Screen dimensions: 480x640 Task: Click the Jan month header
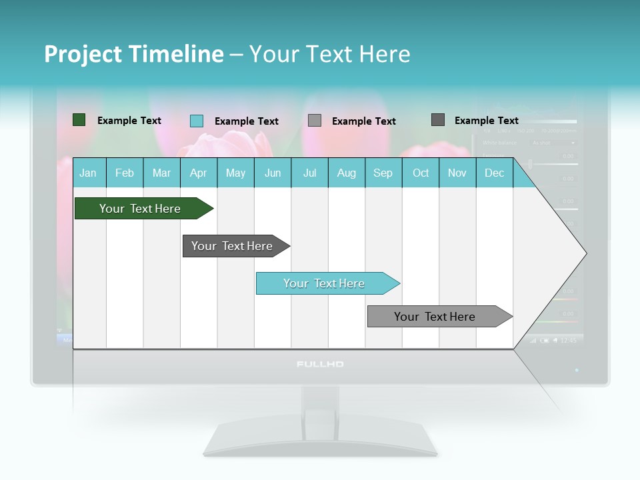(88, 173)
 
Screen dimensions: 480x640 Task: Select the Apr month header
(199, 173)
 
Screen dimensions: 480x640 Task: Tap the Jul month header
(309, 173)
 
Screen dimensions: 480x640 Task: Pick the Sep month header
(383, 173)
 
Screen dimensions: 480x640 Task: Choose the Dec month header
(494, 173)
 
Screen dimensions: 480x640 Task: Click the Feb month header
(125, 173)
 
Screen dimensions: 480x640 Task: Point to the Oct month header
(421, 173)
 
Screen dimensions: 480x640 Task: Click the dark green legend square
(79, 120)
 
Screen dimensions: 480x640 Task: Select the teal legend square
(197, 121)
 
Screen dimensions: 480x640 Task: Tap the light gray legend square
(315, 121)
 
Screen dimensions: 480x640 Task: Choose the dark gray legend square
(438, 120)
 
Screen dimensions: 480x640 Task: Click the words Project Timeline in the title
(134, 54)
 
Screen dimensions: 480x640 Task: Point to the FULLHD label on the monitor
(320, 365)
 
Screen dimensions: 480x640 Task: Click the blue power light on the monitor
(577, 369)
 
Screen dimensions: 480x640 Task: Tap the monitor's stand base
(320, 443)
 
